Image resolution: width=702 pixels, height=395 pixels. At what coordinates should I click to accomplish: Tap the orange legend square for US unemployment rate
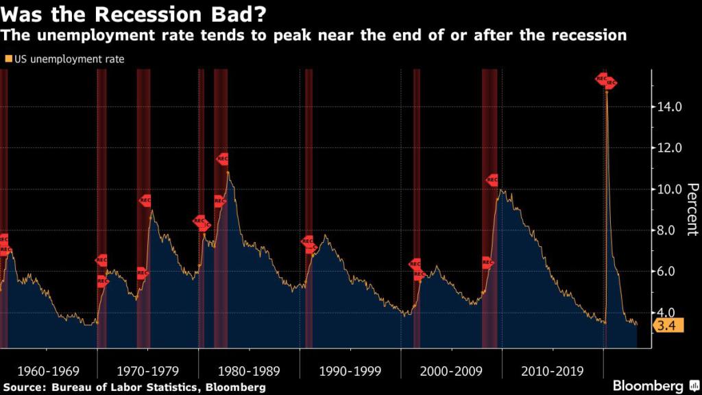coord(8,59)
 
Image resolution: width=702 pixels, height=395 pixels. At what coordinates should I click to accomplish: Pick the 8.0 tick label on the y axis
coord(669,230)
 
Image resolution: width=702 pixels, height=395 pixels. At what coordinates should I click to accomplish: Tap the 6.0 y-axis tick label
coord(669,272)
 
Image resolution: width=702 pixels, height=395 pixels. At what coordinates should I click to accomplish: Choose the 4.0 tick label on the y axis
coord(669,313)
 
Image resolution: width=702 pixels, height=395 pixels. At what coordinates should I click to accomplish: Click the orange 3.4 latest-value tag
coord(664,326)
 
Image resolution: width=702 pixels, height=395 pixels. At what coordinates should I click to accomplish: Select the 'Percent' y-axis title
coord(692,210)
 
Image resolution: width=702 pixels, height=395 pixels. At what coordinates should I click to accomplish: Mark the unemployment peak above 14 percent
coord(607,91)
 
